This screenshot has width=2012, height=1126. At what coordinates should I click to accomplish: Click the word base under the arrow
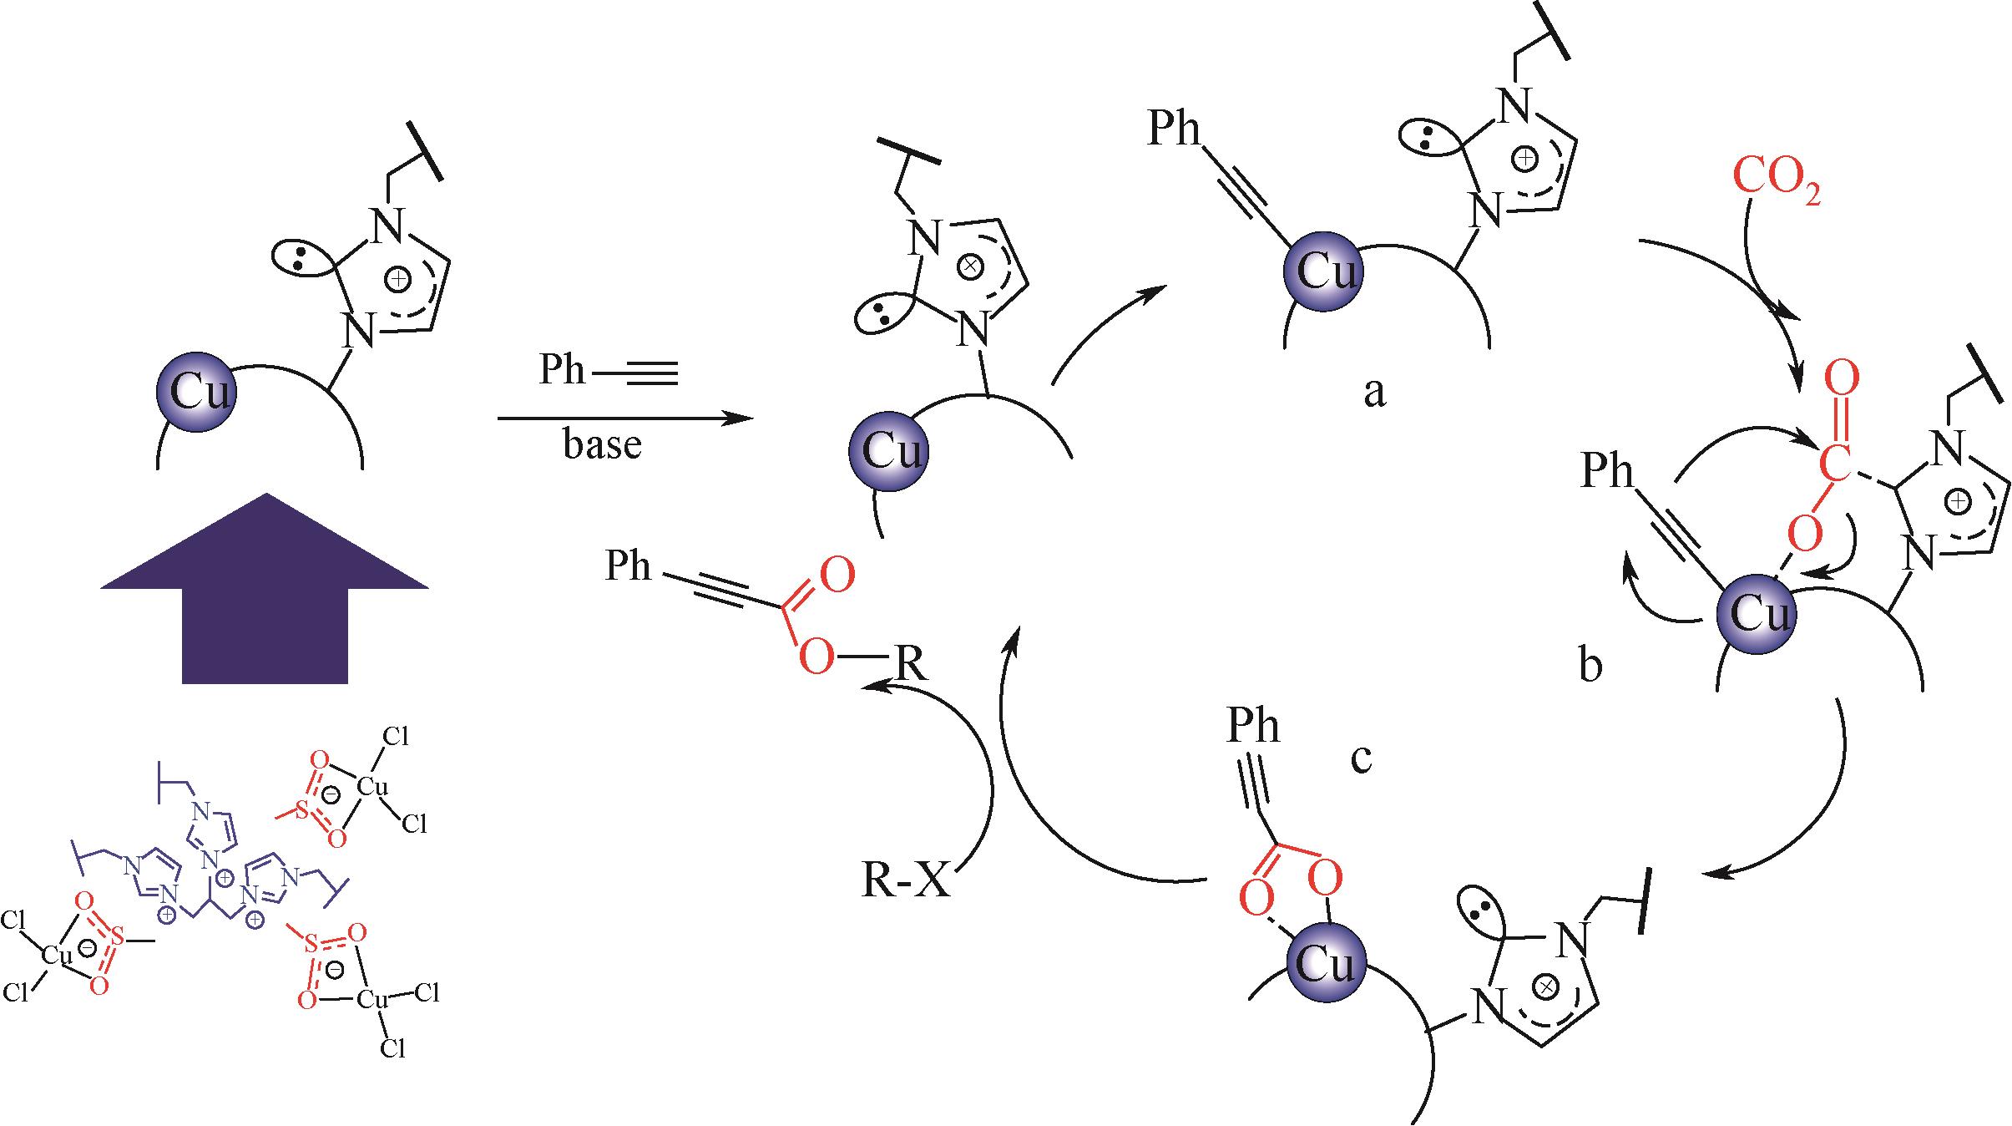(x=602, y=444)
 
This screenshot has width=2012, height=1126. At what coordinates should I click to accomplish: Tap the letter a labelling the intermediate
(x=1373, y=391)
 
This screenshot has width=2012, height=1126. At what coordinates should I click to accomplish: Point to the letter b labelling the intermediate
(x=1591, y=667)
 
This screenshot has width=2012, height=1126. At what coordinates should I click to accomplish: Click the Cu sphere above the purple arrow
(x=196, y=392)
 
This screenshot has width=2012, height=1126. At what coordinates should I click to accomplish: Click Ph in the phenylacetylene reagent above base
(x=562, y=369)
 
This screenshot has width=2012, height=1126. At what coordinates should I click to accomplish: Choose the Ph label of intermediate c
(x=1252, y=726)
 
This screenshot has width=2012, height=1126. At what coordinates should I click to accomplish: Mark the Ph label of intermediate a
(x=1173, y=130)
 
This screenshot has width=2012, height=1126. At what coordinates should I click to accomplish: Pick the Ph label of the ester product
(x=628, y=566)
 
